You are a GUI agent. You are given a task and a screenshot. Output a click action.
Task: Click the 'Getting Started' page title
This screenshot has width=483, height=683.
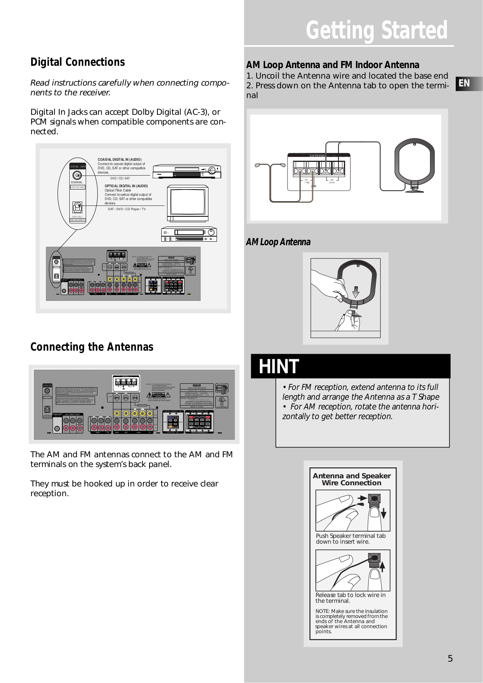tap(376, 30)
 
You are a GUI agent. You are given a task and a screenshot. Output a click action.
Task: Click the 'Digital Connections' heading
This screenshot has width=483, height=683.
tap(78, 62)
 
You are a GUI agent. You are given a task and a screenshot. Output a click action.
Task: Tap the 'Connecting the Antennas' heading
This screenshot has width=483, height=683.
tap(92, 347)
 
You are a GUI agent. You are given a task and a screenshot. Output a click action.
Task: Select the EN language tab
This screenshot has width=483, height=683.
tap(464, 83)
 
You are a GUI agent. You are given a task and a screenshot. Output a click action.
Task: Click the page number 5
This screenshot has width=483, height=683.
tap(450, 658)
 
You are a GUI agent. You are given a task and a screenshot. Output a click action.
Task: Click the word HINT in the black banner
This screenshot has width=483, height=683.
tap(279, 367)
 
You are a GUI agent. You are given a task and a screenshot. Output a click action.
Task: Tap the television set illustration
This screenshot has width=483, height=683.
tap(188, 204)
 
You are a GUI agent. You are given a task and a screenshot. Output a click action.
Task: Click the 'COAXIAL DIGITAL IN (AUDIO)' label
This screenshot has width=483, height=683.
tap(120, 160)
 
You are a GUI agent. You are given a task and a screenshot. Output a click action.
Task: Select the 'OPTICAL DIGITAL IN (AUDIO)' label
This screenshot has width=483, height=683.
tap(126, 186)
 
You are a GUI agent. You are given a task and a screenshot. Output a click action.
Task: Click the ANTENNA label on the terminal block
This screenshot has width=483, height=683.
tap(317, 156)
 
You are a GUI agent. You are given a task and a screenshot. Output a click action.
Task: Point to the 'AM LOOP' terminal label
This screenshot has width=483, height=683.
tap(332, 181)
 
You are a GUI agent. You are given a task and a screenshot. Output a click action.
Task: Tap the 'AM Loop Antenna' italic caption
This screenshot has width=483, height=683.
tap(278, 242)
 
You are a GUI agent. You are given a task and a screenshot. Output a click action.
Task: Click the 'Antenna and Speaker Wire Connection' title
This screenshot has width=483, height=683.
tap(351, 479)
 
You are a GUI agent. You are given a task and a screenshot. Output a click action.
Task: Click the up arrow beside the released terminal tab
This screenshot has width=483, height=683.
tap(383, 565)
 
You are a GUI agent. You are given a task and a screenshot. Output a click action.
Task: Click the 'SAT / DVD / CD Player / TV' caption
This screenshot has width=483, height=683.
tap(127, 209)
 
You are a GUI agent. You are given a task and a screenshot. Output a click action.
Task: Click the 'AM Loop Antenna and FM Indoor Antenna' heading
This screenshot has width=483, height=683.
tap(333, 65)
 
